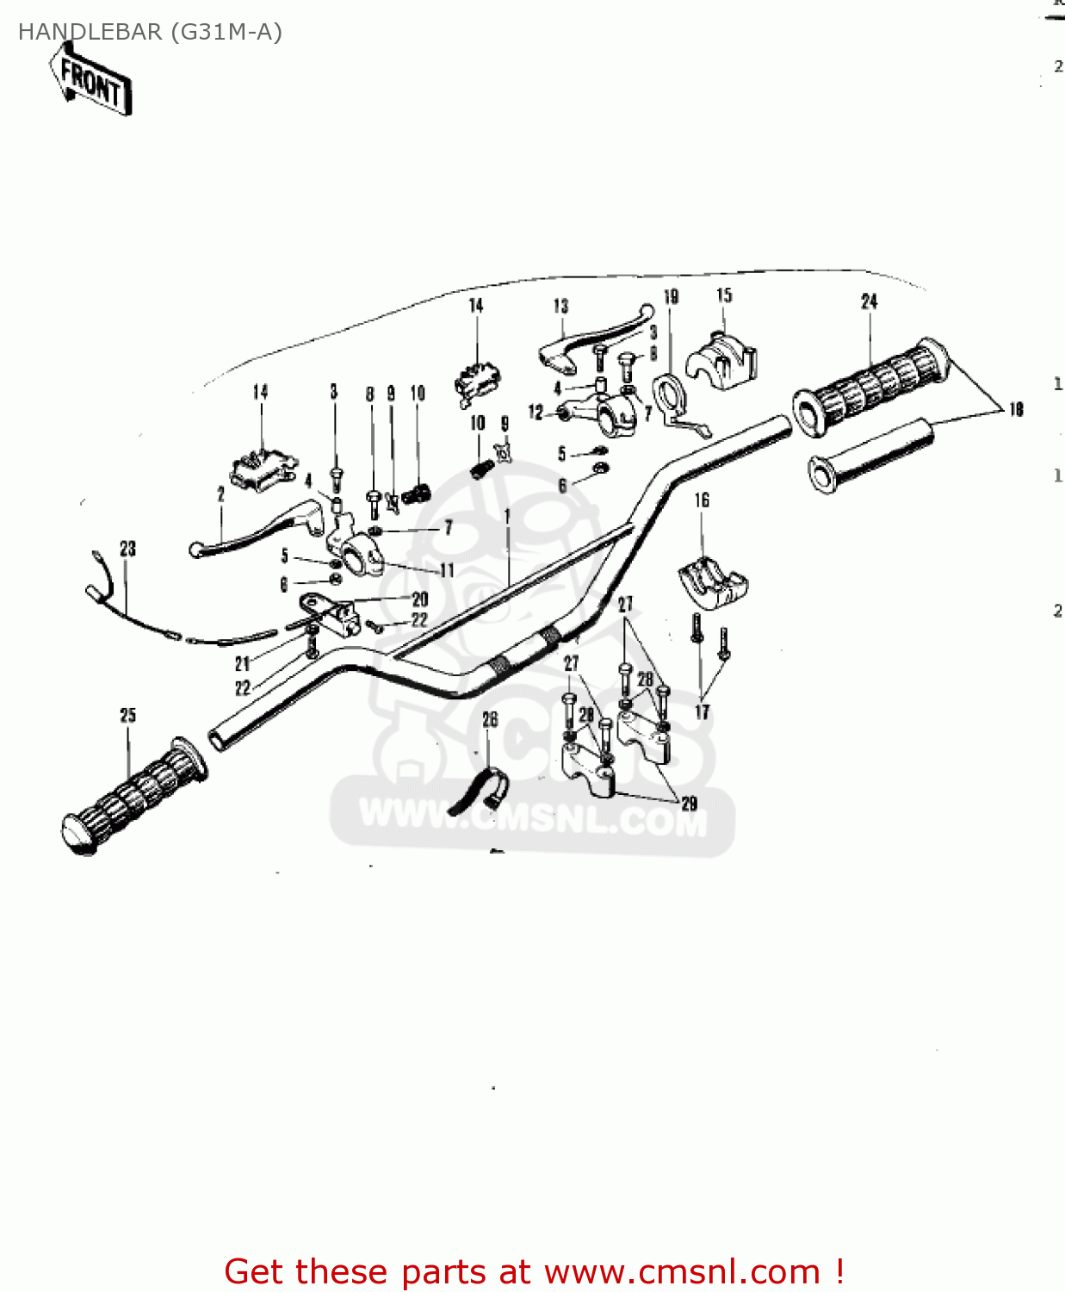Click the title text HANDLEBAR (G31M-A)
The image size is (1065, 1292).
coord(150,32)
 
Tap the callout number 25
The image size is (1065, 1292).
coord(127,716)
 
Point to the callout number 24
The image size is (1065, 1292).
coord(869,301)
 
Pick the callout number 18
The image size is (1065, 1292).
coord(1016,410)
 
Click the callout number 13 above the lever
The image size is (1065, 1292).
coord(560,307)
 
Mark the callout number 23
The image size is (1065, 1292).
coord(127,549)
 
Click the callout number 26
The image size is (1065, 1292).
coord(490,719)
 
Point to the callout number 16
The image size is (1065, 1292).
coord(702,500)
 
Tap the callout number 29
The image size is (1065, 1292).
coord(689,804)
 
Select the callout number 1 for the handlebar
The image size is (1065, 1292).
coord(508,516)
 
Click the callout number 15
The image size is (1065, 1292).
coord(724,295)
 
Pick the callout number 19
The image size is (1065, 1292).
coord(671,297)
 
